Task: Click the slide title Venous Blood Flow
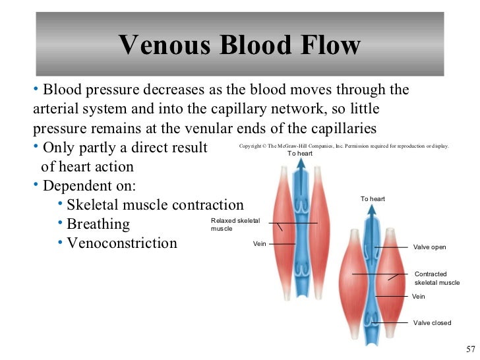tap(240, 45)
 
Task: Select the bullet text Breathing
tap(98, 224)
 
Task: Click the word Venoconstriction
tap(122, 243)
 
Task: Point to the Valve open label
tap(429, 247)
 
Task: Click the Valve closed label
tap(432, 322)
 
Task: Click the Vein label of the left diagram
tap(259, 244)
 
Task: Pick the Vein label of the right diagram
tap(418, 297)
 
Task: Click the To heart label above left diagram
tap(299, 154)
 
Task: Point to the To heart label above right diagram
tap(373, 198)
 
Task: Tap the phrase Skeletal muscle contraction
tap(155, 204)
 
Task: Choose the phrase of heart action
tap(87, 166)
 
